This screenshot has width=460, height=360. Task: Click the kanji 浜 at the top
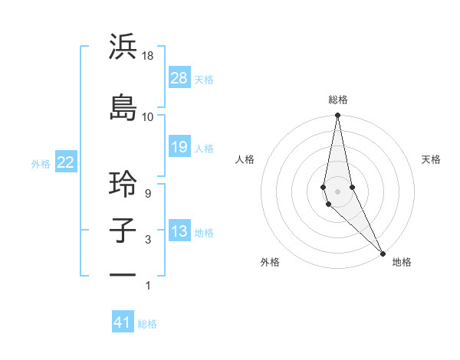click(x=123, y=47)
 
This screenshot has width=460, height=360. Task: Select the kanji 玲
click(x=123, y=184)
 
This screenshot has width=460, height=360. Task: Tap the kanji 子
click(x=123, y=231)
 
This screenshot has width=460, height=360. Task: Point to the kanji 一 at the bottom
click(x=123, y=274)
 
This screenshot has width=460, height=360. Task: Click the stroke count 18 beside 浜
click(x=148, y=57)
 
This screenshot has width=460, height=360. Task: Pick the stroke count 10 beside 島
click(x=148, y=116)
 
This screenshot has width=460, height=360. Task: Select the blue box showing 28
click(x=179, y=79)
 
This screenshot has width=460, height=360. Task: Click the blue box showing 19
click(x=179, y=148)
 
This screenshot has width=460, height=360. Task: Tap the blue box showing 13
click(x=179, y=232)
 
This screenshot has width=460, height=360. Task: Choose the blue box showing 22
click(x=65, y=163)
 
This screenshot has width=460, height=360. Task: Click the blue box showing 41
click(x=123, y=323)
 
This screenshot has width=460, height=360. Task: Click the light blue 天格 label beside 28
click(x=204, y=80)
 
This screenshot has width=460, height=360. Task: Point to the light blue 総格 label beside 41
click(x=147, y=324)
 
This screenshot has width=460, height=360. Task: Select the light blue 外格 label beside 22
click(x=41, y=164)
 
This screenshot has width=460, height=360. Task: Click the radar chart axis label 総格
click(x=338, y=100)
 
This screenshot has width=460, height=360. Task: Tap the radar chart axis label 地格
click(x=402, y=262)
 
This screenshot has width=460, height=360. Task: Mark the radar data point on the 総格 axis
click(x=337, y=116)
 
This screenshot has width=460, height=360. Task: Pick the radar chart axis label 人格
click(x=245, y=159)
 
